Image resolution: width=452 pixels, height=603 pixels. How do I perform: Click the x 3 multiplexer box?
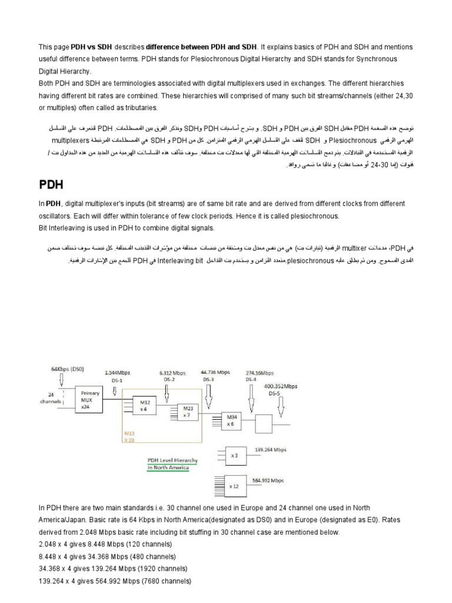tap(234, 455)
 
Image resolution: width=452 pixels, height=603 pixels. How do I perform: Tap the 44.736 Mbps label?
tap(215, 372)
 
